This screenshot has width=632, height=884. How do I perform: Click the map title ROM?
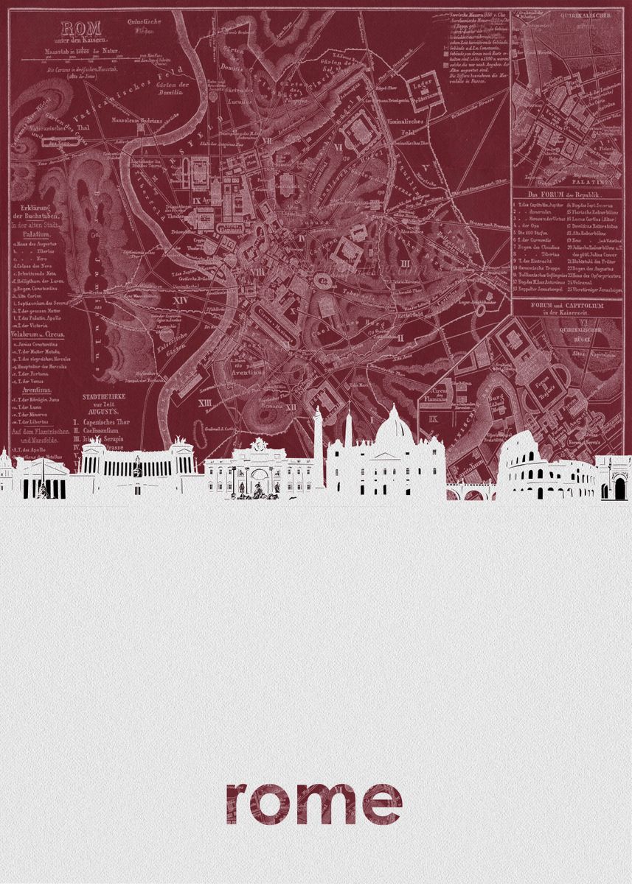tap(72, 29)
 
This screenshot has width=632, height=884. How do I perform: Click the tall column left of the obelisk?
tap(318, 442)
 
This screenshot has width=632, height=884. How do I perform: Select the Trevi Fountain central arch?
tap(260, 480)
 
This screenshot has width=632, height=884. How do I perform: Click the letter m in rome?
tap(337, 804)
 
